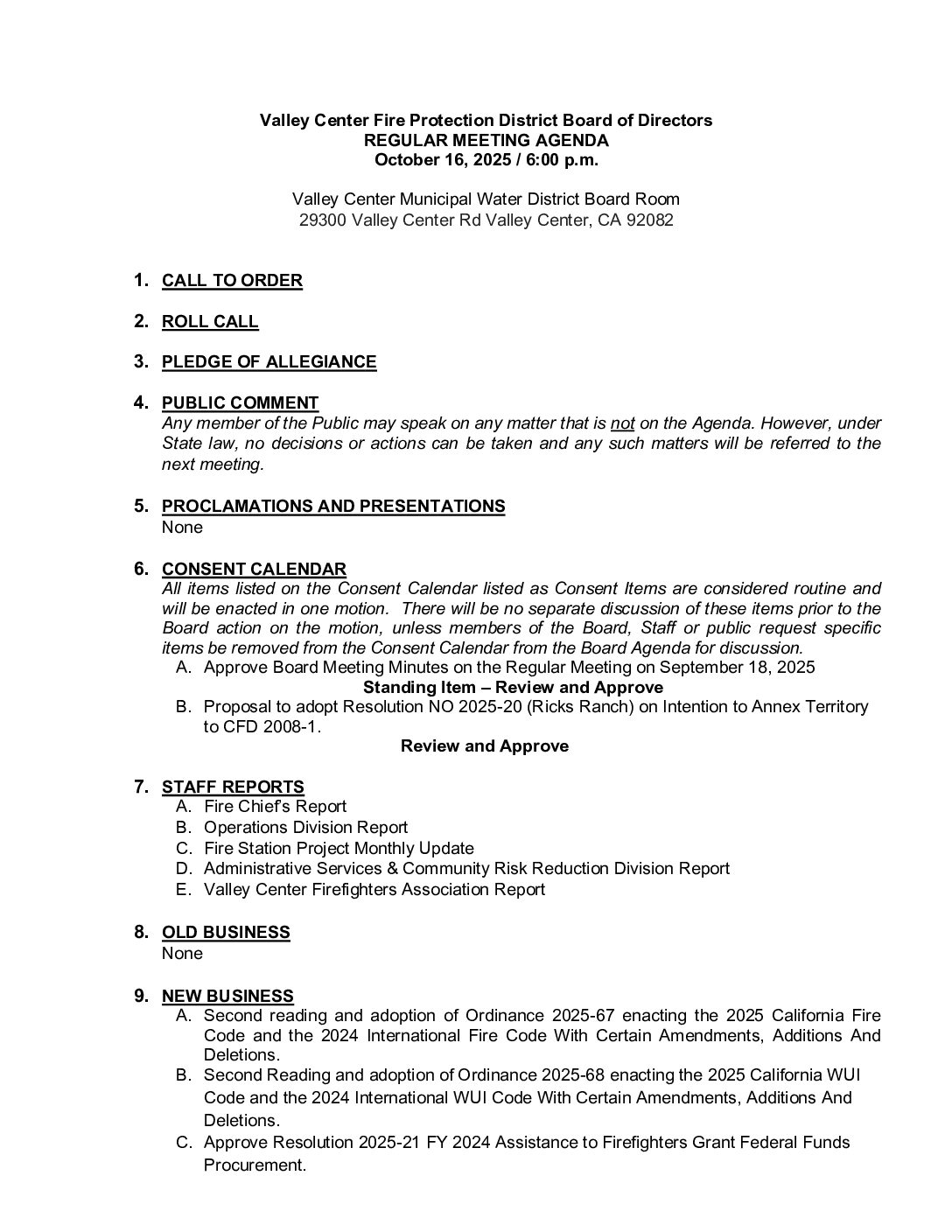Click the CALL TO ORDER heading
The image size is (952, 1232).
[232, 281]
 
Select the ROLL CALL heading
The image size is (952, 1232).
[210, 322]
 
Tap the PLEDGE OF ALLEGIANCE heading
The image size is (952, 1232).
[269, 362]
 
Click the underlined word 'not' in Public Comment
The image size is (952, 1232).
[622, 423]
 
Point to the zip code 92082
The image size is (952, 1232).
[648, 220]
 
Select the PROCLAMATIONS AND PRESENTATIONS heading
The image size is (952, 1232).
[333, 507]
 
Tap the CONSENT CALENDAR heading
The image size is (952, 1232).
[254, 570]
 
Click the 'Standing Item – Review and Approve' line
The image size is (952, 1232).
[513, 688]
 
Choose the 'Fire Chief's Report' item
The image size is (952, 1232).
[275, 807]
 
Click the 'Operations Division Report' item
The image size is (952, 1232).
[305, 828]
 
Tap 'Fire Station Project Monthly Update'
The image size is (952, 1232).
[339, 849]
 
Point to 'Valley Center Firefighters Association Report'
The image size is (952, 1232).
[374, 890]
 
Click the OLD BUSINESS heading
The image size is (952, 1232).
[226, 933]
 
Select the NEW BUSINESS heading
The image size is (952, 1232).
[227, 997]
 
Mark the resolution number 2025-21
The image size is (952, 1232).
[392, 1143]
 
